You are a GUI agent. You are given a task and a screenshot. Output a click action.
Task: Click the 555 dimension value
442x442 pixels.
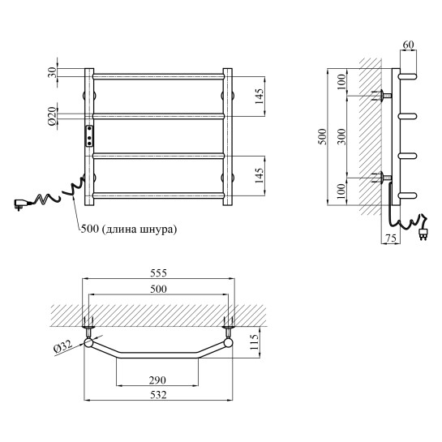158,272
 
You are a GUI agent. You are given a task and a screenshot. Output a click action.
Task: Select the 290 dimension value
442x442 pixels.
157,380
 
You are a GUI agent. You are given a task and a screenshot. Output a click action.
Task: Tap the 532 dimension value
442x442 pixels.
158,395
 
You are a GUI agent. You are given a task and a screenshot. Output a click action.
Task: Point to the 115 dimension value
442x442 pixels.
254,342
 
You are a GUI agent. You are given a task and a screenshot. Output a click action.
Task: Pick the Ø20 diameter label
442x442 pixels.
52,116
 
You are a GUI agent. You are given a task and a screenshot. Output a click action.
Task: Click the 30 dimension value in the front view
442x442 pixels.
52,73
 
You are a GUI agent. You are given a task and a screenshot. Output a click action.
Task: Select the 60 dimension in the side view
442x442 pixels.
409,45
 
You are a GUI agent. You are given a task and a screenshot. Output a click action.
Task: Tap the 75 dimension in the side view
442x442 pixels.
391,238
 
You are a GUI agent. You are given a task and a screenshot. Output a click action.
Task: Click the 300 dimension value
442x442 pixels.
341,137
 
